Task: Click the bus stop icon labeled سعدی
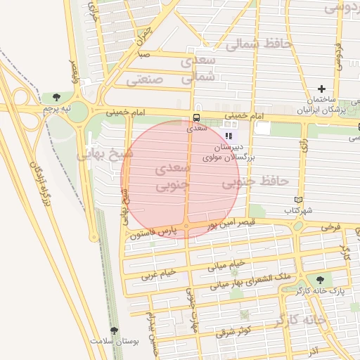click(x=195, y=117)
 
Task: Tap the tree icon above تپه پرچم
click(x=56, y=97)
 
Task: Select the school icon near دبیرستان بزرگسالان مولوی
click(x=228, y=136)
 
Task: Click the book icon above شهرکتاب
click(x=299, y=200)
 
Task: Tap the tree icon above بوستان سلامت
click(x=114, y=330)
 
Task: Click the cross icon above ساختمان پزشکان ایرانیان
click(x=322, y=89)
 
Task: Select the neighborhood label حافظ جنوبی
click(x=255, y=182)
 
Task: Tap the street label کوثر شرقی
click(x=233, y=331)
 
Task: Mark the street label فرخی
click(x=330, y=229)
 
